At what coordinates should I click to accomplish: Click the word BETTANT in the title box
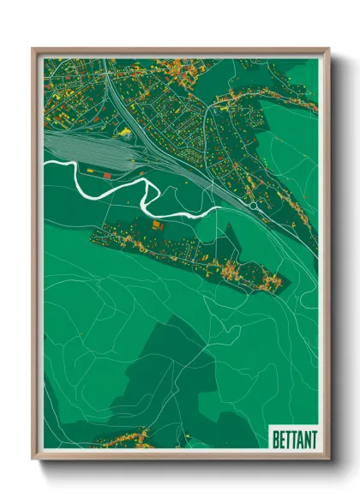[x=294, y=439]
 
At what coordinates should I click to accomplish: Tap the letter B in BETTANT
[x=276, y=439]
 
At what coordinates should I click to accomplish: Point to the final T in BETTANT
[x=313, y=439]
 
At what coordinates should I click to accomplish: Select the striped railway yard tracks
[x=81, y=146]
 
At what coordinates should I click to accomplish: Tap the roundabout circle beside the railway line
[x=254, y=207]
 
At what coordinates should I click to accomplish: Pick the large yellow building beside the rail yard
[x=126, y=132]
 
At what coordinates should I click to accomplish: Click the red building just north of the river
[x=94, y=173]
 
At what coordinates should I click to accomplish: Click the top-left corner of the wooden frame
[x=33, y=49]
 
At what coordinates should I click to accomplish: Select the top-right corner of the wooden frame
[x=328, y=49]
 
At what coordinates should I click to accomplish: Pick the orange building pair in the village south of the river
[x=158, y=225]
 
